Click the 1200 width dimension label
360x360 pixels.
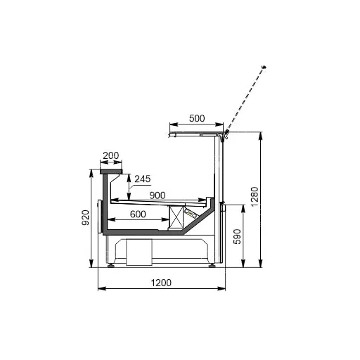(161, 283)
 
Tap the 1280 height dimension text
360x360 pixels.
(255, 197)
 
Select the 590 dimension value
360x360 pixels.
(237, 236)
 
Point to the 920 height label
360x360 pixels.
(85, 217)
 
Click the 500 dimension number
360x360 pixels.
(197, 118)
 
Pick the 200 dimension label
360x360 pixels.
(111, 155)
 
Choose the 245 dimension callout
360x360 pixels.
(143, 179)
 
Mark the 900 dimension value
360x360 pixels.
(157, 195)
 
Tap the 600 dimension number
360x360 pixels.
(138, 214)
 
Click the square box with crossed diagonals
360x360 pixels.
(176, 217)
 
